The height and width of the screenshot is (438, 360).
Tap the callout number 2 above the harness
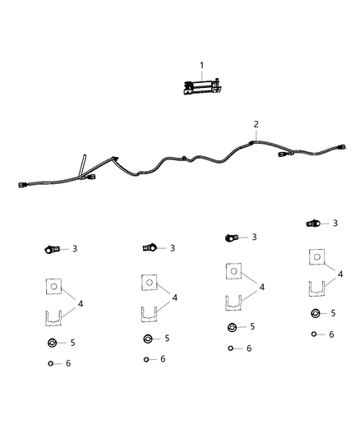pos(256,124)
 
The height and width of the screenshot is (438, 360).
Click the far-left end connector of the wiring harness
pos(22,185)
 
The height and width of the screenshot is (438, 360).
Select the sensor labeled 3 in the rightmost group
pos(312,223)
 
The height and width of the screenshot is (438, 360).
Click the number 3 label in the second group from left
pos(173,247)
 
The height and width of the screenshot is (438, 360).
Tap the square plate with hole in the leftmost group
pos(53,287)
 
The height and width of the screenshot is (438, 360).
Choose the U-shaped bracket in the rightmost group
pos(318,290)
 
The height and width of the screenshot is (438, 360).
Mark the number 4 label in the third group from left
pos(262,287)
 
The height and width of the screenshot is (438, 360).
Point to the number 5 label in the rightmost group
pos(332,313)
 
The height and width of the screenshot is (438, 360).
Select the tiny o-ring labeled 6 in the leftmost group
pos(52,362)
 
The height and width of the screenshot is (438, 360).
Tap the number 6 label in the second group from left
pos(163,359)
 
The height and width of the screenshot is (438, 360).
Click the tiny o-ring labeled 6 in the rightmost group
pos(316,333)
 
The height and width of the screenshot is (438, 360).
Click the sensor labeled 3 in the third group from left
pos(231,237)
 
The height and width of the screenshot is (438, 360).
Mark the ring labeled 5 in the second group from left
pos(148,339)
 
